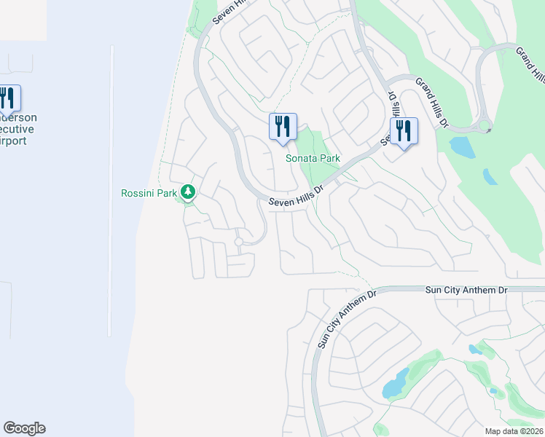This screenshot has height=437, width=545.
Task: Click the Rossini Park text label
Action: point(149,193)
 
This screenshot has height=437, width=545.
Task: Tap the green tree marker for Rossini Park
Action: point(189,192)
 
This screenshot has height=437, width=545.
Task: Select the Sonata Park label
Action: point(313,158)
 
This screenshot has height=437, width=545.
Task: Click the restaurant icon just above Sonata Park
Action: point(282,127)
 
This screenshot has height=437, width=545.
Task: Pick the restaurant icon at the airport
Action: point(7,98)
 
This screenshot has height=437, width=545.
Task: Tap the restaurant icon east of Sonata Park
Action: point(404,131)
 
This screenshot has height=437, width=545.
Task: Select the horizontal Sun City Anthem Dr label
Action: point(466,290)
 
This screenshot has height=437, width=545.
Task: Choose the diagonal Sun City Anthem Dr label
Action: point(346,318)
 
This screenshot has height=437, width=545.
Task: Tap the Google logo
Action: point(24,428)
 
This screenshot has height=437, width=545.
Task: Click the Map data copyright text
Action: point(514,431)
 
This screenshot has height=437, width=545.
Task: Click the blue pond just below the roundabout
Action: point(463,146)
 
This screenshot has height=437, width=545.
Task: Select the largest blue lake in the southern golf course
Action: point(396,383)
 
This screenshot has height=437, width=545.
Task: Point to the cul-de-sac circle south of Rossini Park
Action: point(238,241)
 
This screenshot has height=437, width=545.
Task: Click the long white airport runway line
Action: point(111,189)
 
